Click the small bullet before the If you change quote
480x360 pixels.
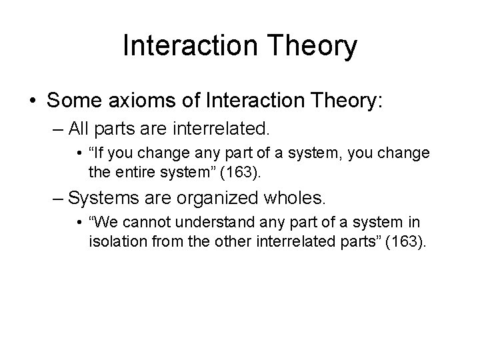coord(80,154)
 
